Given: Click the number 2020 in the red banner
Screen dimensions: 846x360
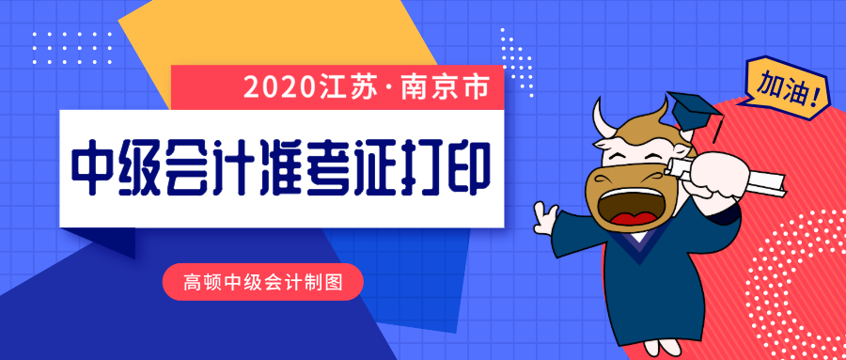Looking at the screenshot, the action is pyautogui.click(x=278, y=87).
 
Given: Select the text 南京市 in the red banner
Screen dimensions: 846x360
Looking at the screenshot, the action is pyautogui.click(x=446, y=87).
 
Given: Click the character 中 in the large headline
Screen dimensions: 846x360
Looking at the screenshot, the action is pyautogui.click(x=92, y=167).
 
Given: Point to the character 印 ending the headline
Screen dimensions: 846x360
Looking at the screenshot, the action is pyautogui.click(x=468, y=167).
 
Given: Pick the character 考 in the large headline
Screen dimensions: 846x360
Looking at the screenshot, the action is pyautogui.click(x=326, y=167).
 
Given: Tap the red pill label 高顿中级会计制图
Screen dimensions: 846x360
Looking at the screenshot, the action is pyautogui.click(x=263, y=282).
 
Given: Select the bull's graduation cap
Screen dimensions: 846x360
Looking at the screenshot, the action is pyautogui.click(x=695, y=112).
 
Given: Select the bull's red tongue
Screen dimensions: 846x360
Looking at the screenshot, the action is pyautogui.click(x=634, y=219).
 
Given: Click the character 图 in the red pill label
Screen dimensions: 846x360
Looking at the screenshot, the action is pyautogui.click(x=335, y=282).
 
